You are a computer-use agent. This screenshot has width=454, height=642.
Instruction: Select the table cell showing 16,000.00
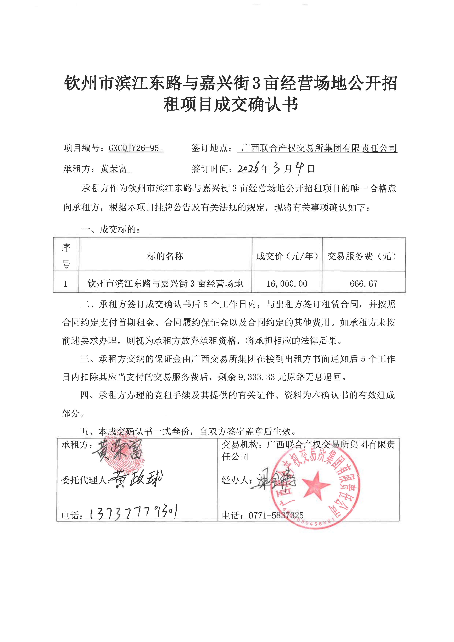(287, 284)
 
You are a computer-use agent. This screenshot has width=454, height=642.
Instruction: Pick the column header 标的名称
(165, 256)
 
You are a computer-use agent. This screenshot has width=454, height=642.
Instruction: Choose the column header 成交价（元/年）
(287, 256)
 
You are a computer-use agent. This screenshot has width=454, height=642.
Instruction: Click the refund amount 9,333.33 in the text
(256, 377)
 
